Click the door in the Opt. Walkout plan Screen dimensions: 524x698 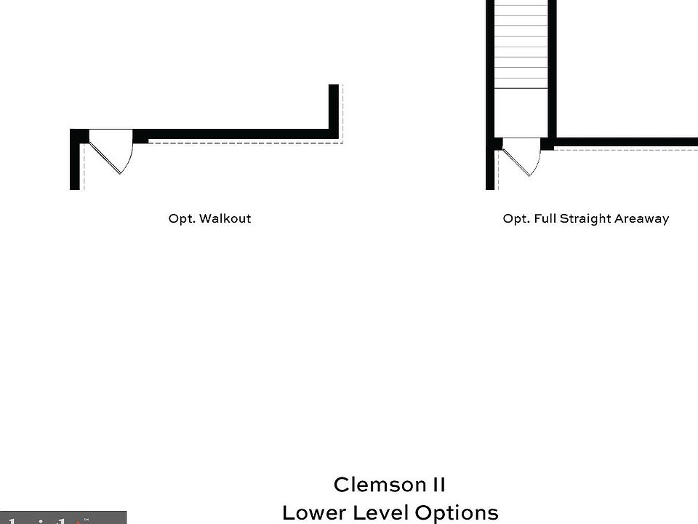tap(111, 150)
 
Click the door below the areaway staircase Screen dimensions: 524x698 tap(522, 156)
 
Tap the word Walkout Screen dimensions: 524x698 tap(225, 218)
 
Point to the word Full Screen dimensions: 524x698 tap(545, 218)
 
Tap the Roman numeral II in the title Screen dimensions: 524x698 tap(436, 485)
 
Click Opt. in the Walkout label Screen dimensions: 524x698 tap(181, 218)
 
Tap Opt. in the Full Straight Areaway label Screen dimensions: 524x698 tap(516, 218)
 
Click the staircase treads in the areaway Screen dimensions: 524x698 tap(521, 44)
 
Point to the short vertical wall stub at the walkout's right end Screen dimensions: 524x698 tap(334, 109)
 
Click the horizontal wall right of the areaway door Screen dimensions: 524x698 tap(625, 142)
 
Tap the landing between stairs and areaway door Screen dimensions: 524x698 tap(521, 113)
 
